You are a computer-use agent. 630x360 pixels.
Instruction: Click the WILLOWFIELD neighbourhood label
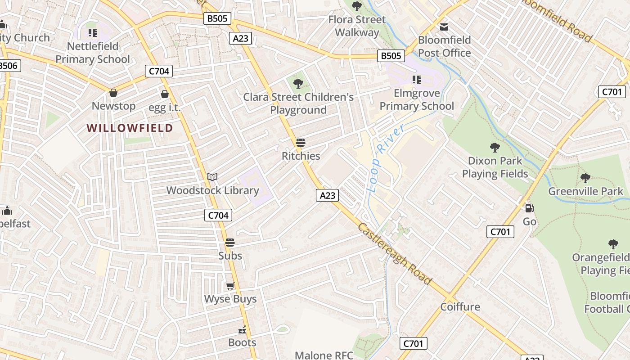pyautogui.click(x=130, y=128)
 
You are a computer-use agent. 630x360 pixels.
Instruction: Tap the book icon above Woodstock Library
pyautogui.click(x=212, y=177)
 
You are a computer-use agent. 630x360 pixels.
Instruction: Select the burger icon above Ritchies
pyautogui.click(x=301, y=143)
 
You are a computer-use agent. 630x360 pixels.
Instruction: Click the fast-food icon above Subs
pyautogui.click(x=230, y=243)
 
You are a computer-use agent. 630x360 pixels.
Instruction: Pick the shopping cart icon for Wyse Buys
pyautogui.click(x=230, y=286)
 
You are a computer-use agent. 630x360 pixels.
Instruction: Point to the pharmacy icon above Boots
pyautogui.click(x=243, y=330)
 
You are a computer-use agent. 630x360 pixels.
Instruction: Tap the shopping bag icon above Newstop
pyautogui.click(x=113, y=93)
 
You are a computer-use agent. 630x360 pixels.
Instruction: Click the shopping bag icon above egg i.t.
pyautogui.click(x=165, y=94)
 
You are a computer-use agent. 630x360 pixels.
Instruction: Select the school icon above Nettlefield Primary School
pyautogui.click(x=93, y=32)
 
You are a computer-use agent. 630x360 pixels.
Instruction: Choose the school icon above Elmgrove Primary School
pyautogui.click(x=417, y=80)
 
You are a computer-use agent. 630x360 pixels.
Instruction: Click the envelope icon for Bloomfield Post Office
pyautogui.click(x=444, y=27)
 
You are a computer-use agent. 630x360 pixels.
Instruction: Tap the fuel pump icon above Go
pyautogui.click(x=530, y=208)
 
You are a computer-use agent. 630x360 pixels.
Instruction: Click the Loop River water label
pyautogui.click(x=385, y=157)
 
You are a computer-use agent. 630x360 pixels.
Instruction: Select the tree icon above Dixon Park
pyautogui.click(x=495, y=147)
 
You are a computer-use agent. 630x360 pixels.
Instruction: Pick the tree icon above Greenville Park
pyautogui.click(x=585, y=178)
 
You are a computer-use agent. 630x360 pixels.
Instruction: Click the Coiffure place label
pyautogui.click(x=460, y=307)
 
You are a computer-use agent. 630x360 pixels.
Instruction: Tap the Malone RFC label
pyautogui.click(x=324, y=355)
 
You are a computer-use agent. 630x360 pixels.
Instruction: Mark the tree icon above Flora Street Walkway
pyautogui.click(x=357, y=6)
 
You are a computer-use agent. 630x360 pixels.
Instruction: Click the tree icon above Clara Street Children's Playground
pyautogui.click(x=298, y=83)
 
